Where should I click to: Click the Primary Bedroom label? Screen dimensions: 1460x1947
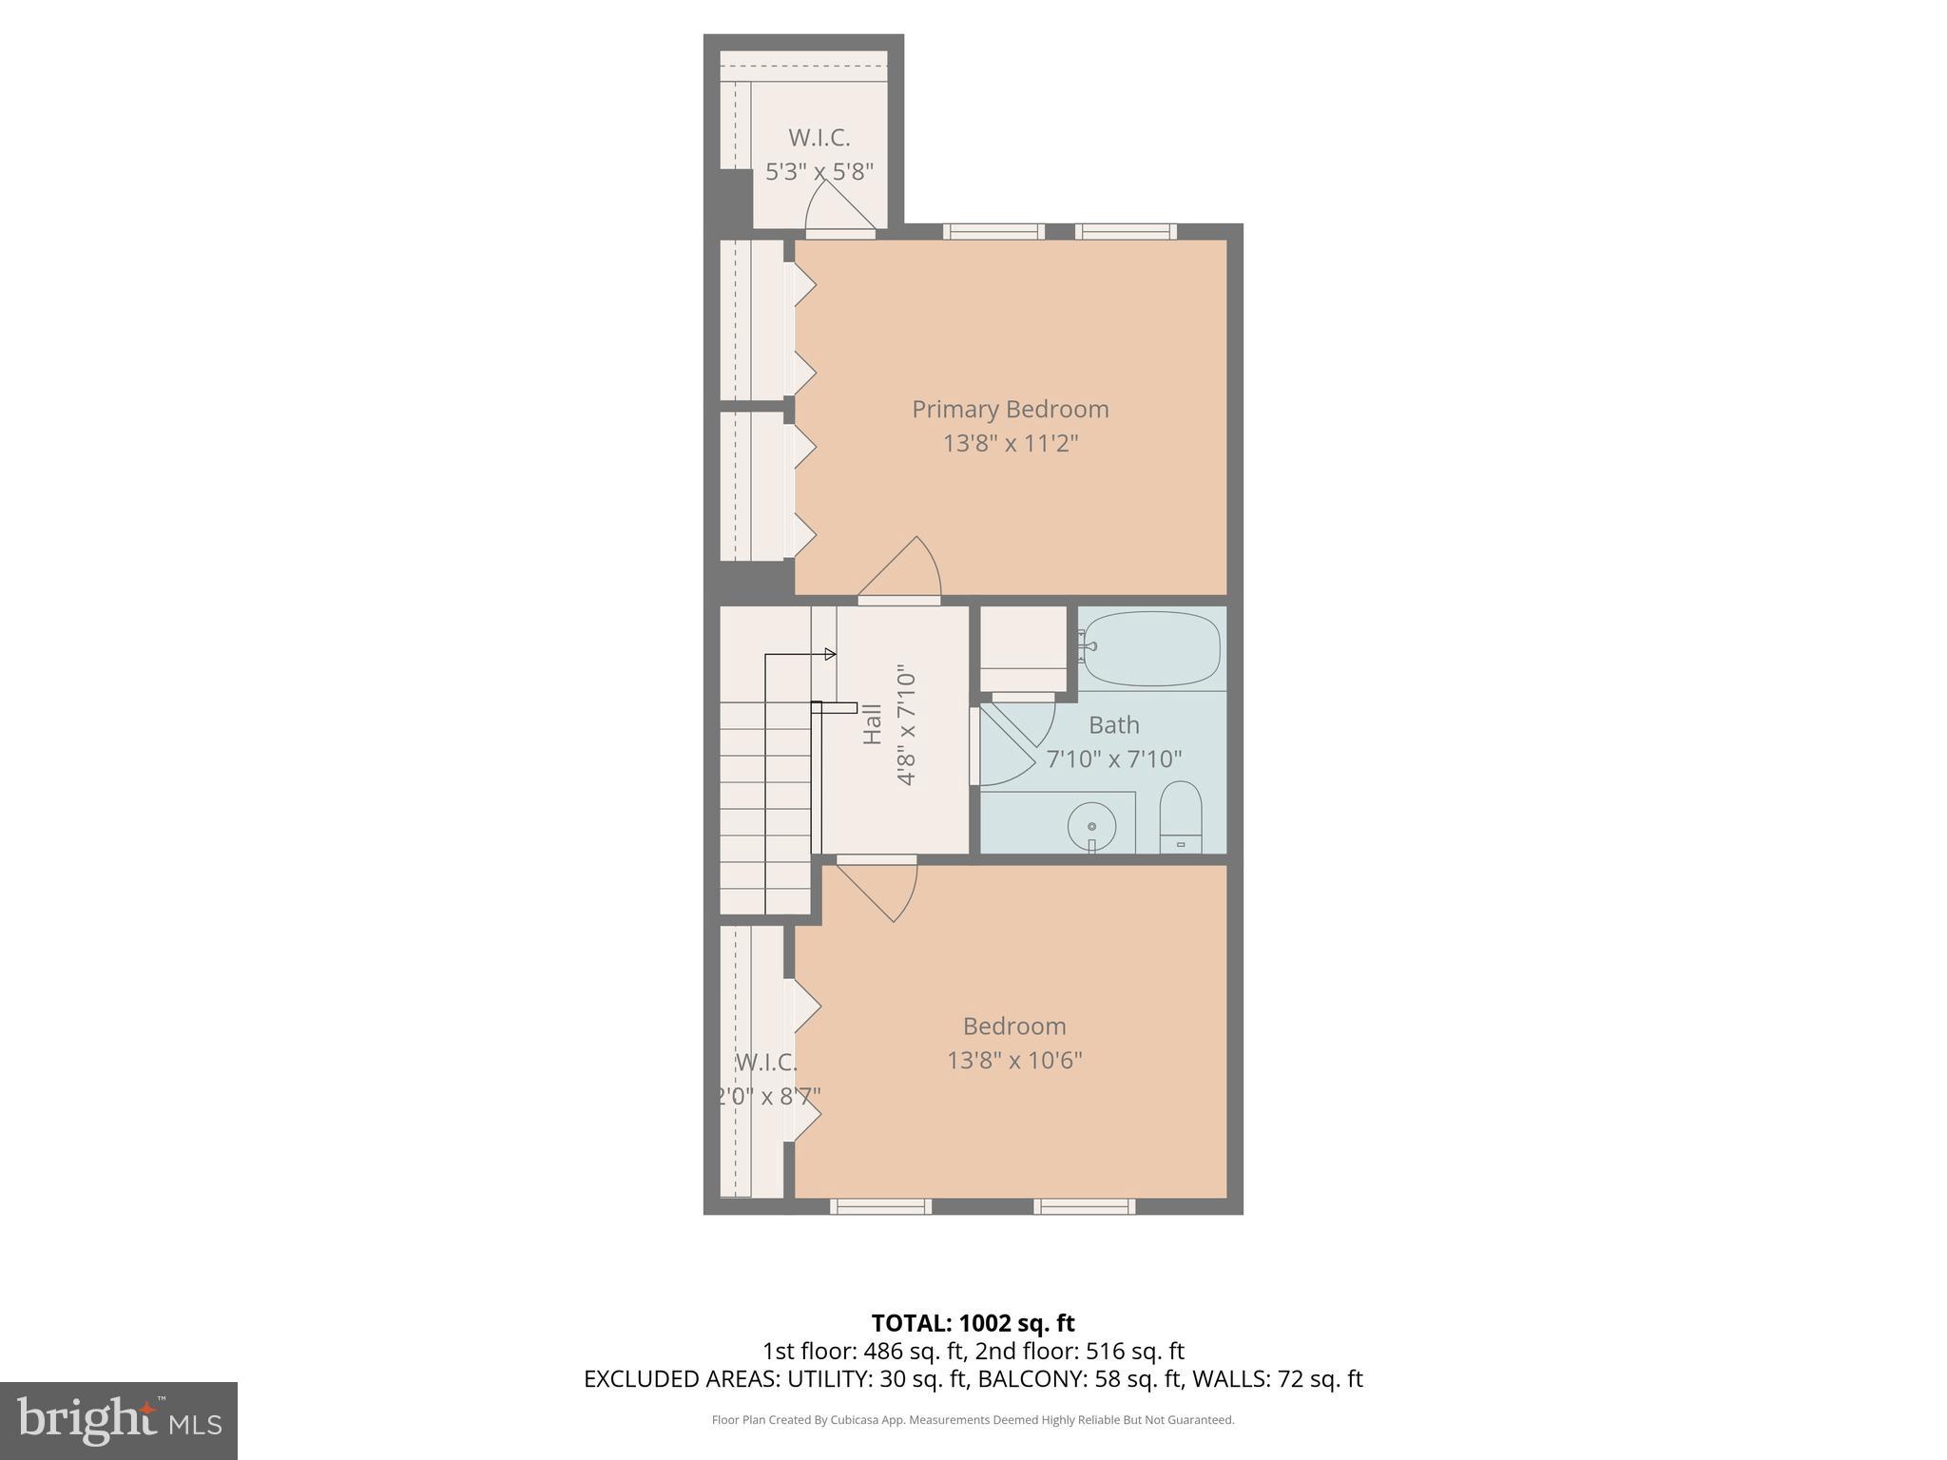point(1010,410)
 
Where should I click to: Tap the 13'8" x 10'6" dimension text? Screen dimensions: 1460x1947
point(1014,1060)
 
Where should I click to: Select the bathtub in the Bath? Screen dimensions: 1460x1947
point(1151,648)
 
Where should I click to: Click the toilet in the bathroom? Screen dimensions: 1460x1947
point(1181,818)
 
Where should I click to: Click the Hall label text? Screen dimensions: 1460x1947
point(872,723)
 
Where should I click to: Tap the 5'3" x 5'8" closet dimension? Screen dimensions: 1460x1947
point(819,172)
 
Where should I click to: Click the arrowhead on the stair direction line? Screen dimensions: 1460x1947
point(830,654)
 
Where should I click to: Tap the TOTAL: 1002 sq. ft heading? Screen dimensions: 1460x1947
point(973,1323)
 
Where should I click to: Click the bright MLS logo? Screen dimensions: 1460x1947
point(118,1420)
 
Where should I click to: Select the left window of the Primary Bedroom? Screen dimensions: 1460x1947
point(993,231)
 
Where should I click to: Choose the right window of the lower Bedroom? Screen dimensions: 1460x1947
point(1084,1206)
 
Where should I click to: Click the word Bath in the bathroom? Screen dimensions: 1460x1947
point(1113,725)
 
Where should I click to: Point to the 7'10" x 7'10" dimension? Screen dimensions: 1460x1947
point(1113,759)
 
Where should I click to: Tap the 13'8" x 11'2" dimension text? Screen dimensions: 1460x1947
point(1010,444)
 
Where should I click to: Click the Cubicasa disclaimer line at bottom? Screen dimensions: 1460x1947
point(973,1420)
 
